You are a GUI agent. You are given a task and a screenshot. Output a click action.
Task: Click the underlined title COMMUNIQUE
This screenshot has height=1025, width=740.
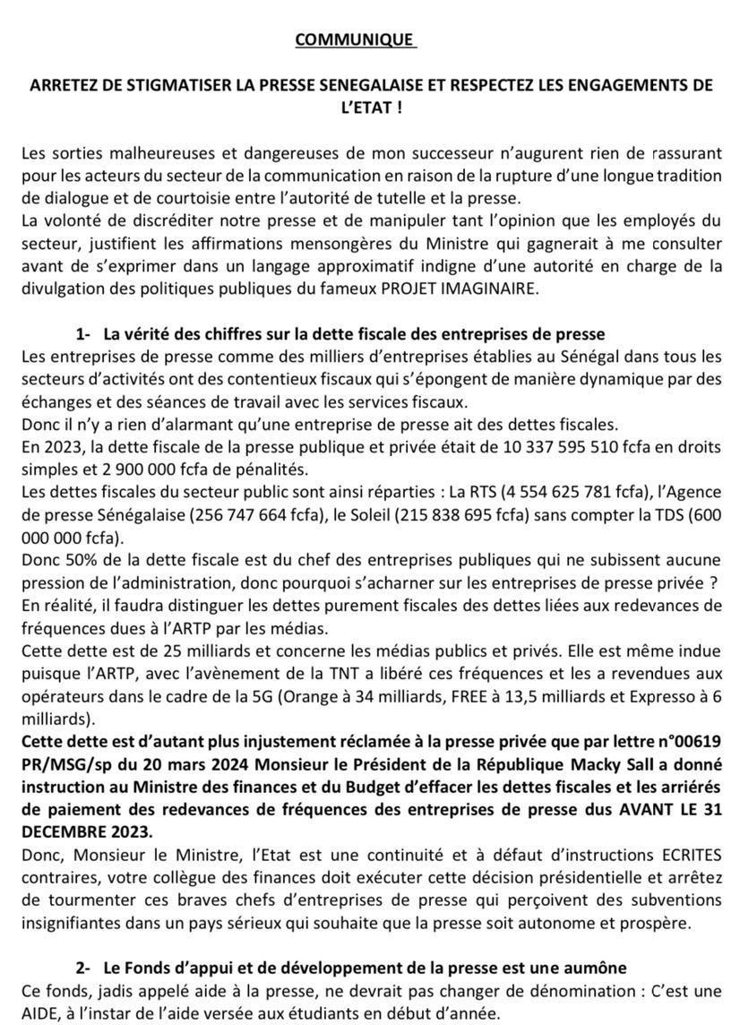(x=354, y=39)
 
